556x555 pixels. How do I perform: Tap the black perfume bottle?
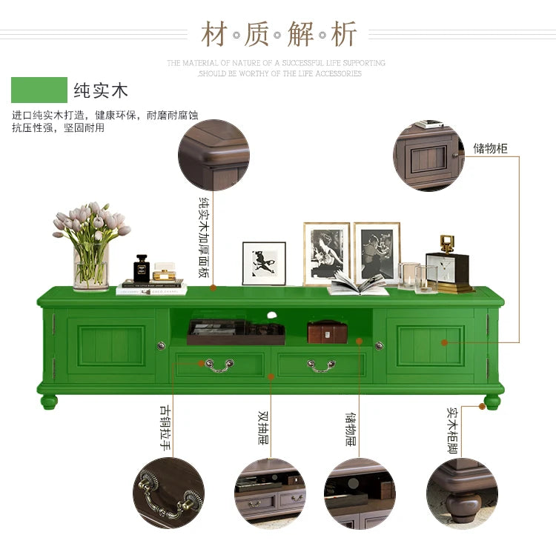(x=142, y=268)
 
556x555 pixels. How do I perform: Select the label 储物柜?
(x=491, y=148)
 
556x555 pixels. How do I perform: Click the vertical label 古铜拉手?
(x=165, y=428)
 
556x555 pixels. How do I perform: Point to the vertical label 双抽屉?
(x=263, y=428)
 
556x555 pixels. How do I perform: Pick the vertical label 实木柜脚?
(x=452, y=431)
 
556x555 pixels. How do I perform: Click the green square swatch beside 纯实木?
(x=39, y=90)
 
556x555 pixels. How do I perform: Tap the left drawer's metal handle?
(x=219, y=366)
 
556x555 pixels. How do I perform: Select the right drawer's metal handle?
(x=321, y=366)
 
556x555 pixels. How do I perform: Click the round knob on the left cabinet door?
(x=162, y=345)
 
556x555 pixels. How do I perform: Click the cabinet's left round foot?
(x=49, y=402)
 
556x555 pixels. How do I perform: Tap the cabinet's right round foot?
(x=492, y=402)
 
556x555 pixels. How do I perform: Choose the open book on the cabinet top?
(x=358, y=284)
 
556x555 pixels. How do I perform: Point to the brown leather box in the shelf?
(x=327, y=332)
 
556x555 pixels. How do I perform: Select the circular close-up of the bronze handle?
(x=168, y=493)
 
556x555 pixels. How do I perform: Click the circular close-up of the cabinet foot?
(x=462, y=493)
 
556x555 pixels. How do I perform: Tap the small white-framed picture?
(x=264, y=263)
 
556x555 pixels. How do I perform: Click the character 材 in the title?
(x=214, y=34)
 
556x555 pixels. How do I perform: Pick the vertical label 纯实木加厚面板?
(x=204, y=237)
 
